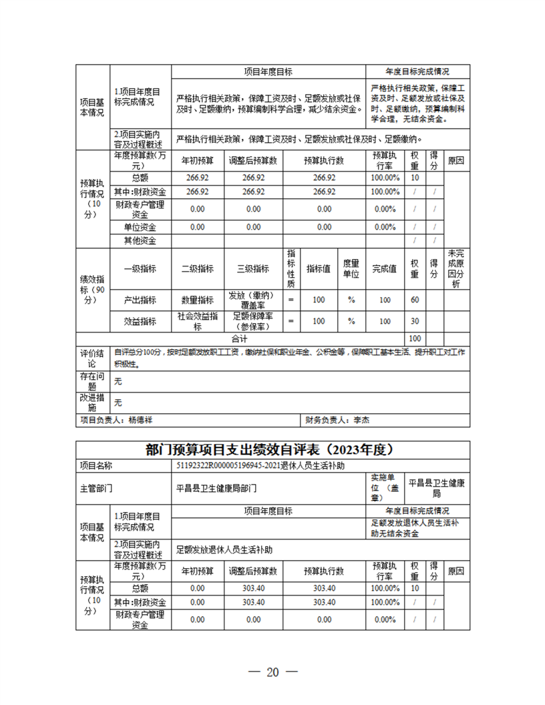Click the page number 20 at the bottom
[x=272, y=672]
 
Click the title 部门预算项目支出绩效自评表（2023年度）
[x=272, y=449]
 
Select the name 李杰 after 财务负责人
[x=361, y=421]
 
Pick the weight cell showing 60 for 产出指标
[x=414, y=300]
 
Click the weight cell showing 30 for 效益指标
[x=414, y=321]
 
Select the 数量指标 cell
[x=198, y=300]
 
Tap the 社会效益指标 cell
[x=198, y=321]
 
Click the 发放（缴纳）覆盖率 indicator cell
[x=252, y=300]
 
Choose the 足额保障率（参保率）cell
[x=252, y=321]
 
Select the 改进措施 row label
[x=92, y=402]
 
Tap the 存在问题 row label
[x=92, y=381]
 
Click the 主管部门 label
[x=96, y=487]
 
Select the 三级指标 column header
[x=252, y=268]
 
